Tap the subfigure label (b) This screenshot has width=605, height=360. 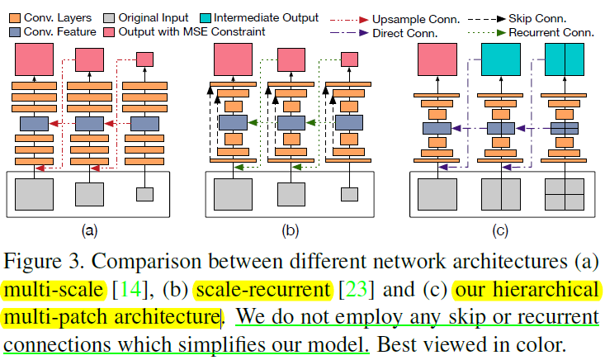pos(288,229)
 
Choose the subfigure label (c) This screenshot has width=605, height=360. pos(502,229)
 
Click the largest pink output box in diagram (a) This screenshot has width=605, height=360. pos(34,62)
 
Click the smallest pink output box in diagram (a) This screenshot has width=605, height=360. pos(144,59)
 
